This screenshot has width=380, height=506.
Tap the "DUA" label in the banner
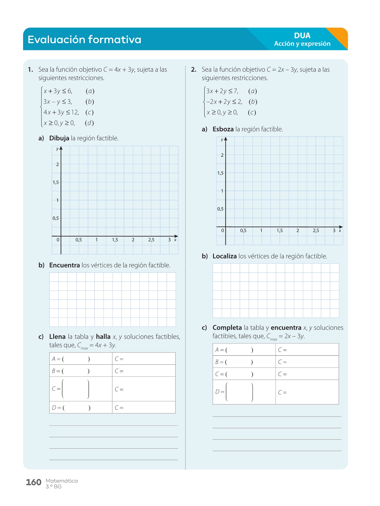(x=302, y=35)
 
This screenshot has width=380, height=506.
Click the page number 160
(x=33, y=482)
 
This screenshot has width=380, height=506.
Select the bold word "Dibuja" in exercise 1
(x=59, y=138)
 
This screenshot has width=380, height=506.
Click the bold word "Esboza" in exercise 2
(x=223, y=129)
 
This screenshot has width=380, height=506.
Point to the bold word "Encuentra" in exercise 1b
(x=64, y=265)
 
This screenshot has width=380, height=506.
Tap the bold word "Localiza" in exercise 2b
(x=224, y=256)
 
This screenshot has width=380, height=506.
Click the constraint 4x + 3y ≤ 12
(x=61, y=112)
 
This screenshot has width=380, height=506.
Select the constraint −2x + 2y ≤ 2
(x=224, y=102)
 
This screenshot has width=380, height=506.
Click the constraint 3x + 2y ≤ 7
(x=222, y=91)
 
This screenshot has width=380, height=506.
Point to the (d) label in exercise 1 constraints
(x=89, y=123)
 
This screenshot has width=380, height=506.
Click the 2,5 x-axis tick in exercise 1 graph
(x=151, y=240)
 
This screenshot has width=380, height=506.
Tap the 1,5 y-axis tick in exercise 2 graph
(x=220, y=173)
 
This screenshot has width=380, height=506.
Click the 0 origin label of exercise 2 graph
(x=222, y=231)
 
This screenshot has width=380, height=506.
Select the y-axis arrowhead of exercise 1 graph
(x=61, y=148)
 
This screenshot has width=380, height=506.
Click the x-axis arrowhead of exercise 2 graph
(x=341, y=227)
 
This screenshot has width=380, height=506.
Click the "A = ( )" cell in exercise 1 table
(x=81, y=359)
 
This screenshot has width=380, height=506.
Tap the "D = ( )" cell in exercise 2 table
(x=244, y=392)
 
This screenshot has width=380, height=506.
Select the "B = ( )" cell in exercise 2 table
(x=244, y=362)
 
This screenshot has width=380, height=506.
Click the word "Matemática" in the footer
(x=62, y=481)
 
